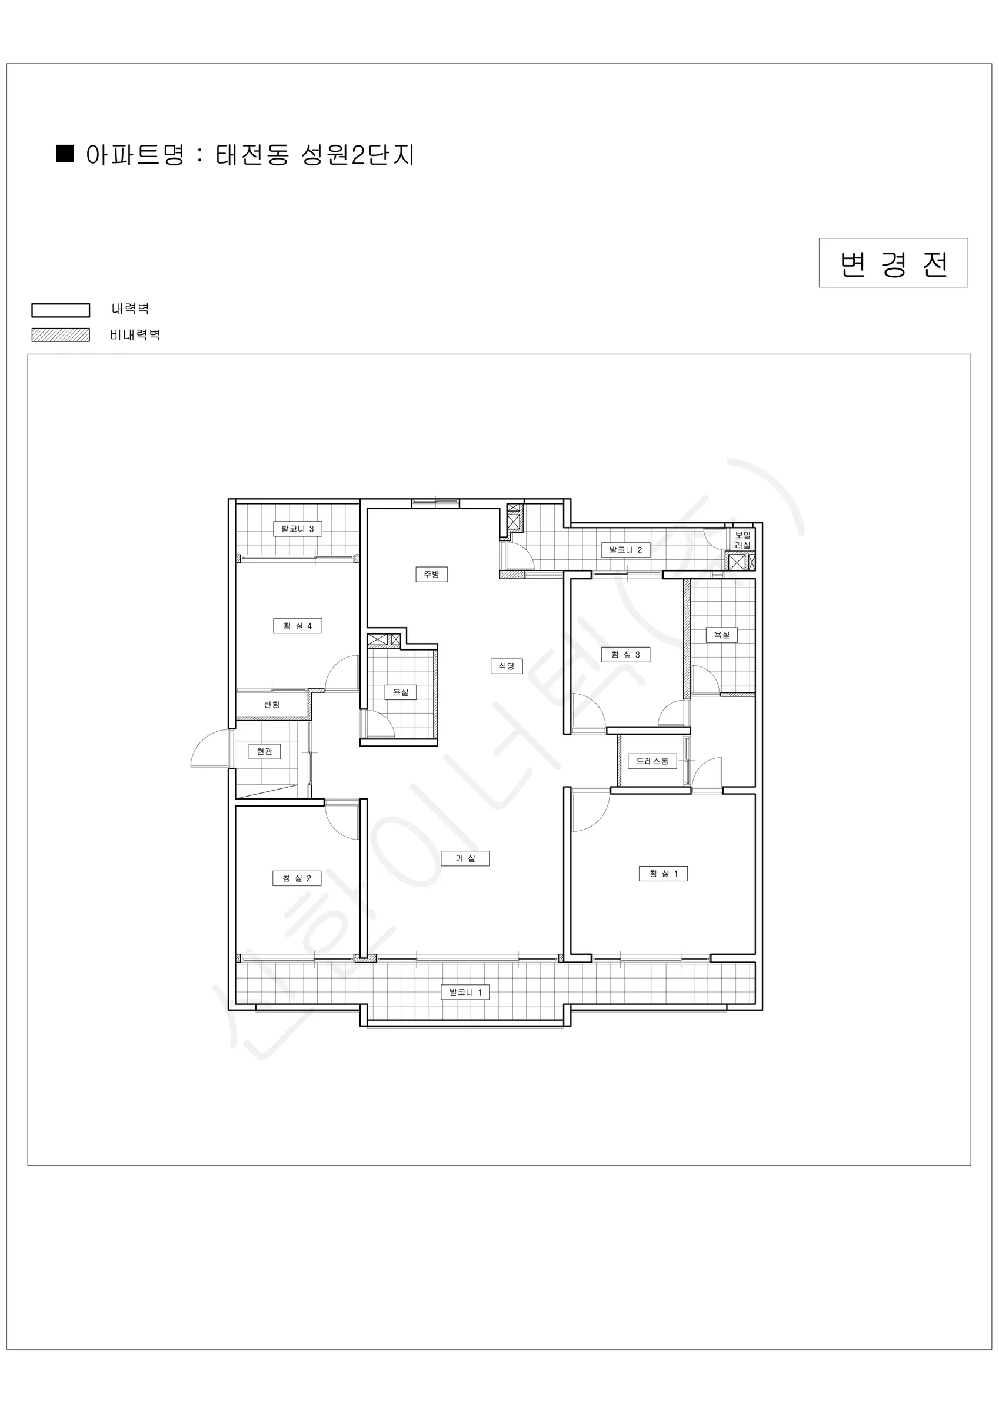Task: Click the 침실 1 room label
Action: point(663,874)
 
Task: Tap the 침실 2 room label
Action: point(297,878)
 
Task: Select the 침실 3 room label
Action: point(625,654)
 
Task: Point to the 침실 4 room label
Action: point(298,626)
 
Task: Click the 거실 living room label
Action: point(465,858)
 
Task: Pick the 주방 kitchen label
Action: point(431,574)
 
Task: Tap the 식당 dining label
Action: point(507,666)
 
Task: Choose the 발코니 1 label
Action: point(465,992)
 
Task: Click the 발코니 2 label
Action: point(625,549)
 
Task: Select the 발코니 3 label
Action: point(298,529)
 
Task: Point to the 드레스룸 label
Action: point(652,761)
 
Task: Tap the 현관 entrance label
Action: point(265,751)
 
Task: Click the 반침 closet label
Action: point(272,704)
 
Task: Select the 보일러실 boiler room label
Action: point(742,540)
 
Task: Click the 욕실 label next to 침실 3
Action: point(721,635)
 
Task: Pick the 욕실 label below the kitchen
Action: point(401,692)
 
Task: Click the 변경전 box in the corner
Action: point(893,263)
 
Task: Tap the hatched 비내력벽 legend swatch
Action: point(61,335)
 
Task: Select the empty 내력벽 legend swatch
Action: point(61,310)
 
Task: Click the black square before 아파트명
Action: point(65,153)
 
